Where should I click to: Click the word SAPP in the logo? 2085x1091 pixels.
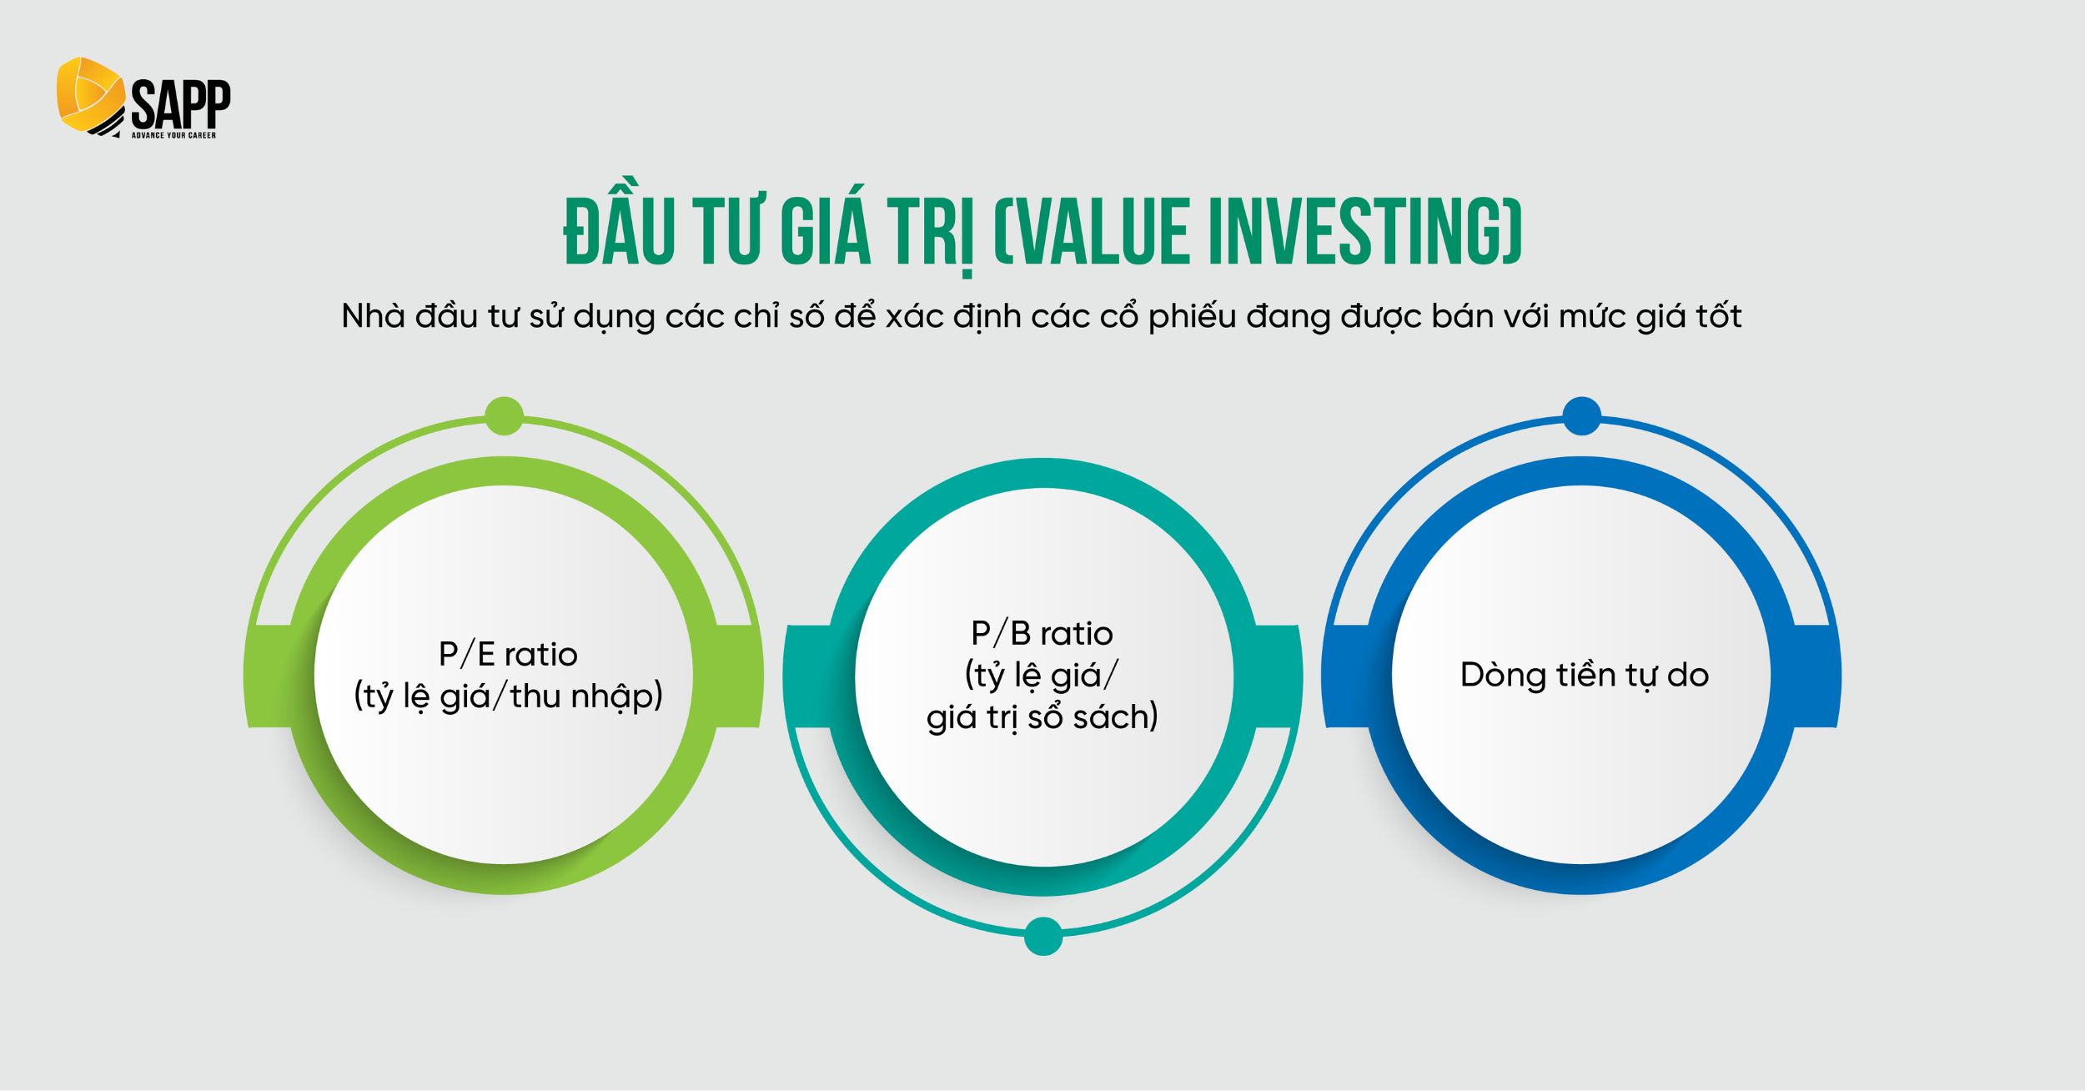[x=181, y=104]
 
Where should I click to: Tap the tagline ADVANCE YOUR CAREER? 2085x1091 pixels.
[x=173, y=135]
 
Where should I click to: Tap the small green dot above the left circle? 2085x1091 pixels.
[x=504, y=416]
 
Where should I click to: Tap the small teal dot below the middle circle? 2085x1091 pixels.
[x=1042, y=936]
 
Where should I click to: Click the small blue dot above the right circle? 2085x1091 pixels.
[x=1581, y=416]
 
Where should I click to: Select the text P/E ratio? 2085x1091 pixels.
[x=508, y=655]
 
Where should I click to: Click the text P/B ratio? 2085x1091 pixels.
[x=1042, y=634]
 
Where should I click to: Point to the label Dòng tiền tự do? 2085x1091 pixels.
[x=1584, y=675]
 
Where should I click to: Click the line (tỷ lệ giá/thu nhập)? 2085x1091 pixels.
[x=508, y=696]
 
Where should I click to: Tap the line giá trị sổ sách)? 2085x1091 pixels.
[x=1042, y=717]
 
